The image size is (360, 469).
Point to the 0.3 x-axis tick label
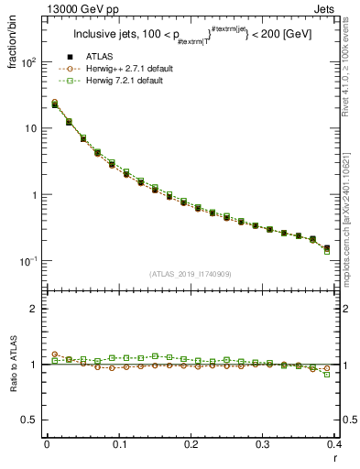263,446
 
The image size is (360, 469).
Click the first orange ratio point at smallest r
55,354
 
